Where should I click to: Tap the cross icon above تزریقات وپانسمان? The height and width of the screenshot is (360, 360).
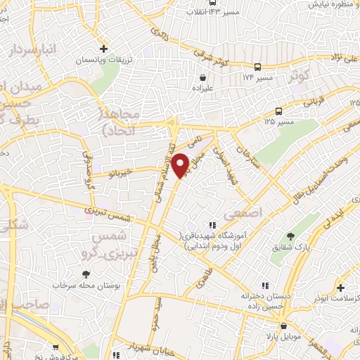click(103, 49)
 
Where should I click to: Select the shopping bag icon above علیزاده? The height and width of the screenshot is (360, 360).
click(202, 78)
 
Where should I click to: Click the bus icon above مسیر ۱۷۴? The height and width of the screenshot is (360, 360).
click(257, 66)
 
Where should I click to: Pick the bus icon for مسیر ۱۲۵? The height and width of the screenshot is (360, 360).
click(279, 111)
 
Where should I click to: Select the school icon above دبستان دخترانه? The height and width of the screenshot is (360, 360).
click(265, 285)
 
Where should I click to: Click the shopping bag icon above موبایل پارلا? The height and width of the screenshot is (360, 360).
click(283, 326)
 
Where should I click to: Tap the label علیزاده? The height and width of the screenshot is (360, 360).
click(202, 89)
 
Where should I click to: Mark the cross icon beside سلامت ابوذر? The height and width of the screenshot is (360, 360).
click(340, 288)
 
